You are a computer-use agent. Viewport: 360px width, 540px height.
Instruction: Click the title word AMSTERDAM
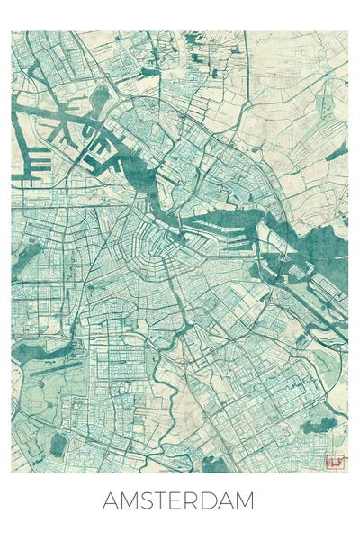178,500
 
